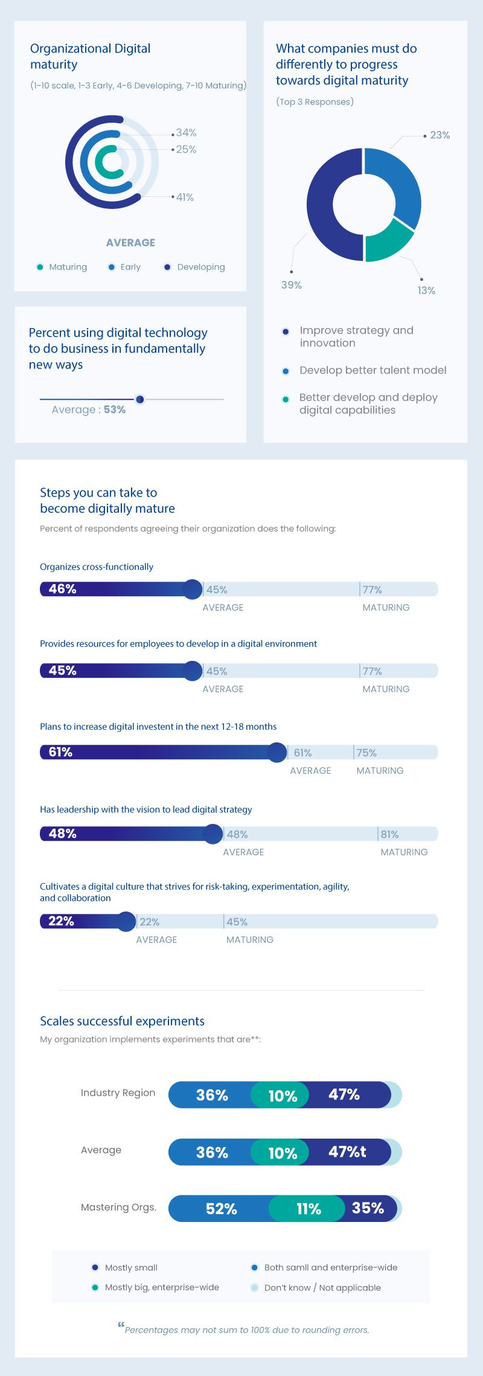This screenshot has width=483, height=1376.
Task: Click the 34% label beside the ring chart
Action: [x=186, y=133]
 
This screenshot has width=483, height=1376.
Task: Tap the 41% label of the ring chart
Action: [x=185, y=198]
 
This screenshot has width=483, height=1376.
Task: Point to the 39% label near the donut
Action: [x=292, y=285]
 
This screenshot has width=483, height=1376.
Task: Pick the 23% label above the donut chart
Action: [x=440, y=135]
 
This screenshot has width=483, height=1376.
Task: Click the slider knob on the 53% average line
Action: [x=140, y=399]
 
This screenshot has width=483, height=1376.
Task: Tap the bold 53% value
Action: [x=115, y=410]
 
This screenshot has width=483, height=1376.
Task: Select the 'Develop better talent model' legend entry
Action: [x=373, y=370]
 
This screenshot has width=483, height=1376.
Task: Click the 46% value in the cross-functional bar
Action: [x=63, y=589]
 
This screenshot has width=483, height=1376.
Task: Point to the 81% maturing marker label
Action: [x=389, y=834]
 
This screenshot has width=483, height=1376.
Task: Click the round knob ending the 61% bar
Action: [x=277, y=753]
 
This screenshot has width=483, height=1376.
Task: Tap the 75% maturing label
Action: [x=366, y=753]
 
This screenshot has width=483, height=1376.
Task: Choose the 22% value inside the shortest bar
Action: [x=61, y=921]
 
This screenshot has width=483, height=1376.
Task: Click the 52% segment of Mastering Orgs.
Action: [x=221, y=1209]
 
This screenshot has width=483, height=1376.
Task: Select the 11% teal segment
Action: [x=309, y=1209]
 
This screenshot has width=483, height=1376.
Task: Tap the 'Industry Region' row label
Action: [x=118, y=1093]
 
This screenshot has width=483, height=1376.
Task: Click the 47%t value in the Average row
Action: [x=347, y=1152]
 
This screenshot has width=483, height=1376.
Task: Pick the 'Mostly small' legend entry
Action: [x=131, y=1268]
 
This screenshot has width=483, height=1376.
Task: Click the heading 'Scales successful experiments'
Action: [x=122, y=1021]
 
